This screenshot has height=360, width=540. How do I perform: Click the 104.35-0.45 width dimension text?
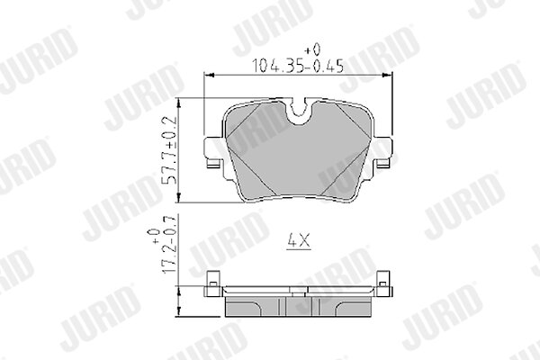point(298,66)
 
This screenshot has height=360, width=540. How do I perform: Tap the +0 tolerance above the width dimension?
point(312,49)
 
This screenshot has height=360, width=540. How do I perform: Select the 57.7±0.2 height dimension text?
point(170,150)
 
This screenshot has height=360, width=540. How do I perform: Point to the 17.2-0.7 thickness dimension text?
point(169,244)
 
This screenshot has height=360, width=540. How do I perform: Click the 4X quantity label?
point(299,241)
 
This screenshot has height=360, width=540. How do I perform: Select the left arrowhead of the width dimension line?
point(210,75)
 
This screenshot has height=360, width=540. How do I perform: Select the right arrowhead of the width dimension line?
point(387,75)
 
